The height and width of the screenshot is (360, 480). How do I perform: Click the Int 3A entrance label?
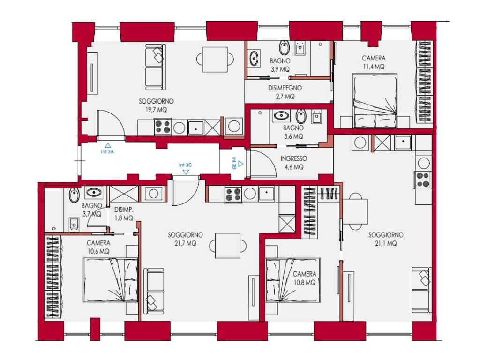point(107,151)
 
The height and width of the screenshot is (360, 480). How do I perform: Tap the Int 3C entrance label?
point(185,165)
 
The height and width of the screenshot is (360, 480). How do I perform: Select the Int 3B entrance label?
point(234,163)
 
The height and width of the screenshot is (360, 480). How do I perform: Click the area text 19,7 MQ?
point(157,110)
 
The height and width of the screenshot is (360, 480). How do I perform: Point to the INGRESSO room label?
point(293,158)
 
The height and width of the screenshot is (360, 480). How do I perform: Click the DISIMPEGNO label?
point(285,88)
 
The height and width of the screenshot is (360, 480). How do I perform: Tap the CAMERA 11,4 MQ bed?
point(375,100)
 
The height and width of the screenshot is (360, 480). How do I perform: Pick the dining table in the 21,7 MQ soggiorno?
point(228,246)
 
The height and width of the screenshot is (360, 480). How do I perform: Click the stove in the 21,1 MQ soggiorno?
point(423,180)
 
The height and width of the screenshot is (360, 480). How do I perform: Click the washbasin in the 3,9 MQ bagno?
point(254,59)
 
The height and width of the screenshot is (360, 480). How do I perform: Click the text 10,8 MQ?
point(305,282)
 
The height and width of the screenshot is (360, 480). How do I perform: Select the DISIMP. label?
point(124,210)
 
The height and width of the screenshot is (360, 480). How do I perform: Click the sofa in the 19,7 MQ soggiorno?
point(155,67)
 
